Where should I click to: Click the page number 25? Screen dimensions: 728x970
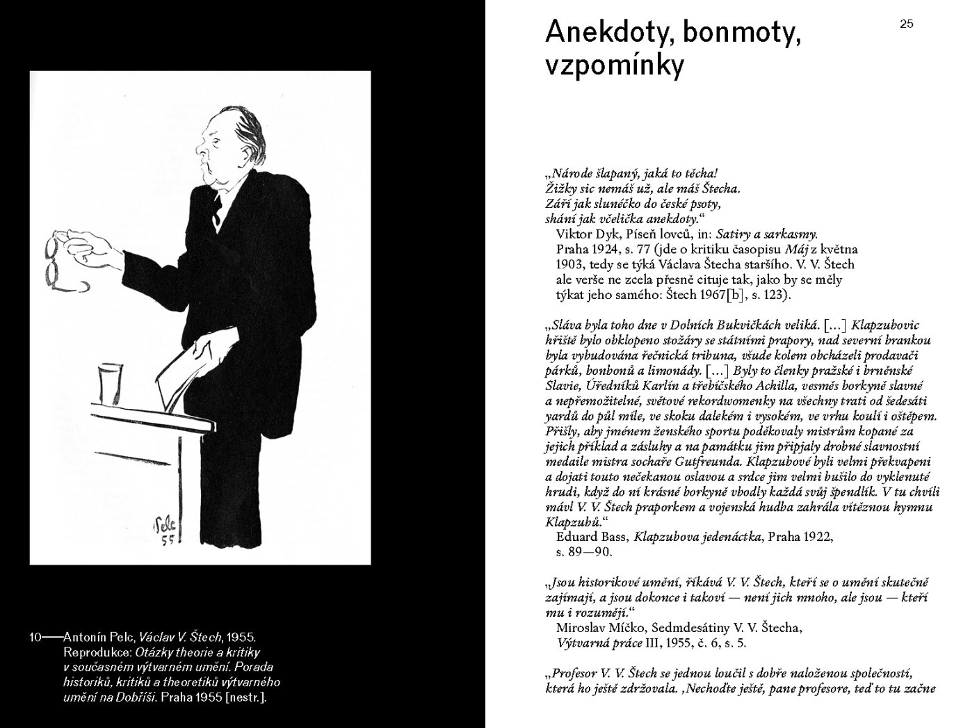point(907,24)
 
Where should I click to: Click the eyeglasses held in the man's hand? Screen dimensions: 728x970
point(56,264)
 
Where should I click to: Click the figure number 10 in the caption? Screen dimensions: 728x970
point(36,636)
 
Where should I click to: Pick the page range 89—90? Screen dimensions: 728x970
point(584,552)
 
